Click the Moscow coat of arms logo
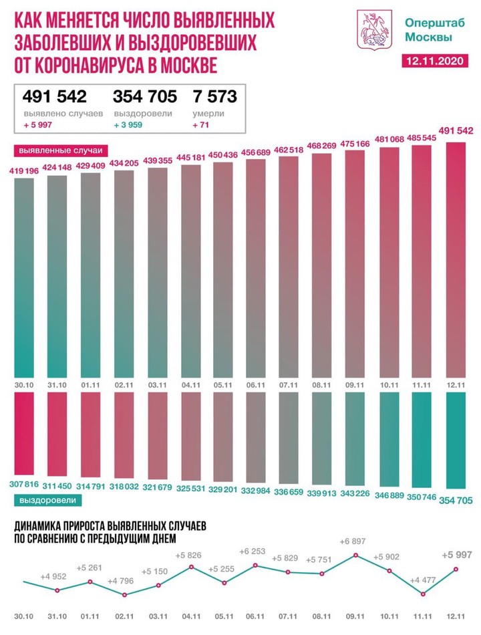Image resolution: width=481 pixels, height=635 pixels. coord(369,28)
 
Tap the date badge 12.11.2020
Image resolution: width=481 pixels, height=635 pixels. coord(435,61)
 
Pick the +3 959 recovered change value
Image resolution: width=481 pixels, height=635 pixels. coord(130,125)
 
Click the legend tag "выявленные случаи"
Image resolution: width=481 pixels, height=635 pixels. coord(55,150)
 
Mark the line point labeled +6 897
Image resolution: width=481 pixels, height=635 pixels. coord(357,555)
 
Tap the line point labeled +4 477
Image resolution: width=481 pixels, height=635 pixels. coord(423,593)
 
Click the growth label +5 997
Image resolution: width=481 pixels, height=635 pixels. coord(457,554)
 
